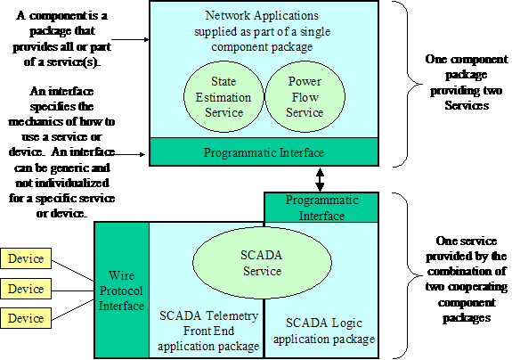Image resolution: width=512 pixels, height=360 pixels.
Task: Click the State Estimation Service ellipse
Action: click(223, 97)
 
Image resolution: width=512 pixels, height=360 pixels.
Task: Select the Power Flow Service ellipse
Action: click(305, 97)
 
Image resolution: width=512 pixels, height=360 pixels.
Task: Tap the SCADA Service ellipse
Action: click(262, 263)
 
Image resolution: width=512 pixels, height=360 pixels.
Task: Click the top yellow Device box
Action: click(26, 258)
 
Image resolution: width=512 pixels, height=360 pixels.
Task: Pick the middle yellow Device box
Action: click(26, 289)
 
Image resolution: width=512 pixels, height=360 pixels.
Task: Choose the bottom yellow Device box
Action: click(26, 318)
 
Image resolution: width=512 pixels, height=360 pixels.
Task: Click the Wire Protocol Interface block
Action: click(122, 290)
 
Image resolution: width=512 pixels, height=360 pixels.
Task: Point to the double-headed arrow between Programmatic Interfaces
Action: click(320, 179)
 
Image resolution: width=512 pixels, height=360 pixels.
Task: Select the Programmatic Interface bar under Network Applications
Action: click(264, 152)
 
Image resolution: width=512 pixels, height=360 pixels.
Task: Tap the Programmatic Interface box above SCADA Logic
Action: click(321, 208)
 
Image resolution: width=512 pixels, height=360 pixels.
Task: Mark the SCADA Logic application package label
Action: click(324, 331)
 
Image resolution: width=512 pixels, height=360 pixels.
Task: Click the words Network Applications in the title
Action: click(262, 15)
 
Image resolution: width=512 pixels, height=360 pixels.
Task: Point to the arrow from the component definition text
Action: click(130, 39)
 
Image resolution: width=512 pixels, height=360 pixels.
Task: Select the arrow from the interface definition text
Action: click(129, 154)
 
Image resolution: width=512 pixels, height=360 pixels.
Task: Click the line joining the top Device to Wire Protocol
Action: click(73, 271)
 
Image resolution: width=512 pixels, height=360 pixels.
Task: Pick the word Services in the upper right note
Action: click(467, 105)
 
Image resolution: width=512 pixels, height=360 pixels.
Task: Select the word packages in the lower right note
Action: click(467, 318)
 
